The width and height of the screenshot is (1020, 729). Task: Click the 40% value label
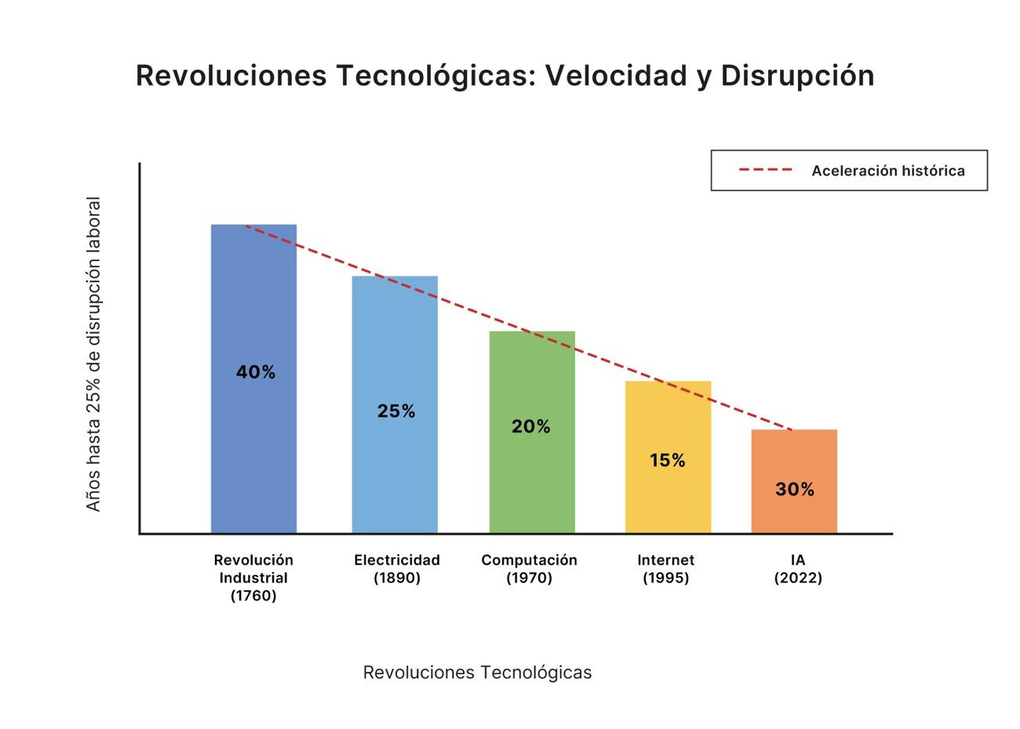tap(256, 372)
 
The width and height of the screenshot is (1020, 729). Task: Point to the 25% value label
tap(396, 412)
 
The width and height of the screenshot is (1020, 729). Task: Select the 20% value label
tap(531, 426)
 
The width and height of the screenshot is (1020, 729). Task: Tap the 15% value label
tap(668, 460)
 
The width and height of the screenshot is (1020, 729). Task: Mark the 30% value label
tap(795, 490)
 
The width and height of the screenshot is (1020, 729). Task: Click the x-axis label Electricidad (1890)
tap(397, 569)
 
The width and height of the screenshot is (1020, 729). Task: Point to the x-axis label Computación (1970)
tap(529, 569)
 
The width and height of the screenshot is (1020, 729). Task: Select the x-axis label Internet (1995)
tap(665, 569)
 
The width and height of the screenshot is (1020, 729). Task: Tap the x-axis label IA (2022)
tap(798, 569)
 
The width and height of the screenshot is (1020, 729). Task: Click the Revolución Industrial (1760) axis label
tap(253, 578)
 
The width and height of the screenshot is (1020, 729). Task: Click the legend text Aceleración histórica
tap(888, 171)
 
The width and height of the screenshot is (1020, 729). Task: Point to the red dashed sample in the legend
tap(766, 170)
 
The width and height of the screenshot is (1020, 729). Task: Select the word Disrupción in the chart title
tap(797, 76)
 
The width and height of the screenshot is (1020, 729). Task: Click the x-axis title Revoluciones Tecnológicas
tap(477, 673)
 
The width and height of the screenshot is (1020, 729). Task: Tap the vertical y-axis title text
tap(94, 354)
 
